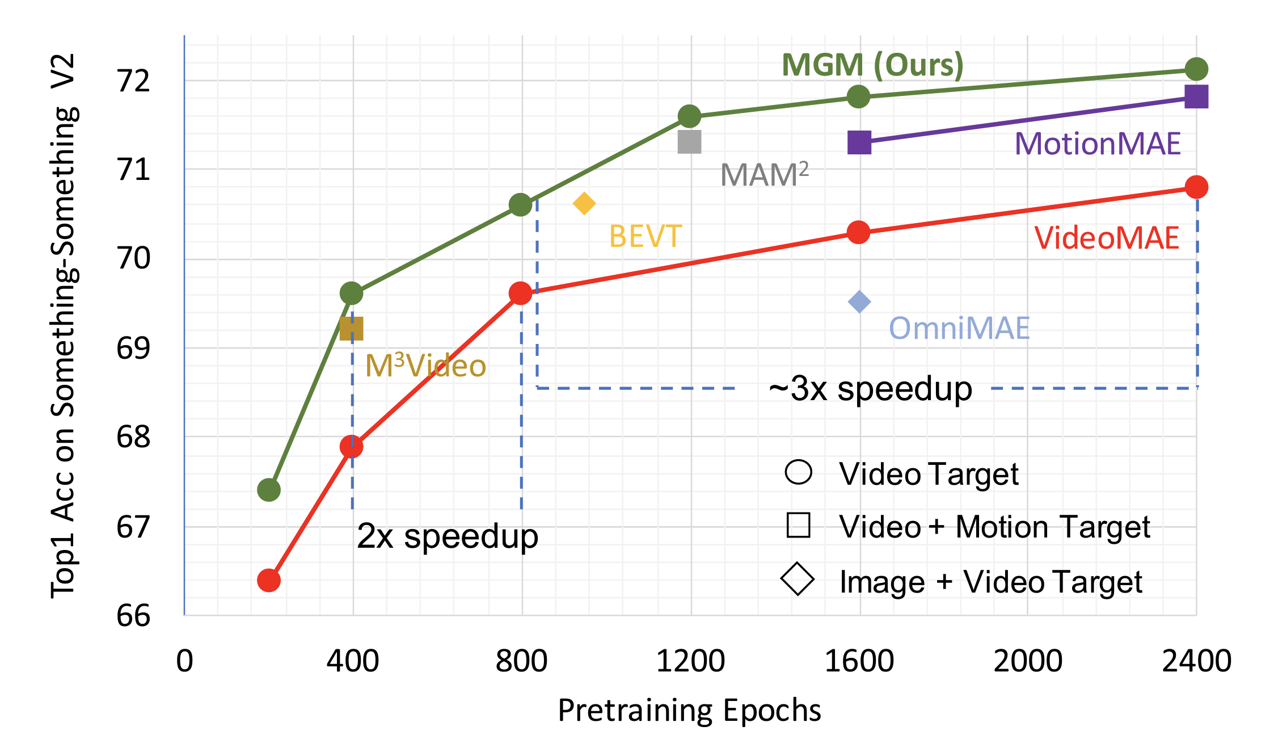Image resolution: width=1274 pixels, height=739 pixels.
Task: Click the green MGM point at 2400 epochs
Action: [x=1196, y=69]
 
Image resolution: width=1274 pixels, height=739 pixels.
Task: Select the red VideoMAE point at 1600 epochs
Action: [x=859, y=232]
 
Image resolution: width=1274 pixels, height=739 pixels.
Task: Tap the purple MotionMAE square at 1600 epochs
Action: [x=859, y=142]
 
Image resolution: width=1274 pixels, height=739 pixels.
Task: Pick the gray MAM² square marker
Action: [x=690, y=142]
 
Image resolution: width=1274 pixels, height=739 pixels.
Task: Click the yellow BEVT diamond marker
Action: [x=584, y=203]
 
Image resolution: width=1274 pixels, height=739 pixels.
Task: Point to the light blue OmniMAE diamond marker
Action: [x=859, y=302]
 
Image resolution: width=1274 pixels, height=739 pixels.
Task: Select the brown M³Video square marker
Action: [x=351, y=329]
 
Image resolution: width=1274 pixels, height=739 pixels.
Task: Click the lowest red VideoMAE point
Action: [x=269, y=580]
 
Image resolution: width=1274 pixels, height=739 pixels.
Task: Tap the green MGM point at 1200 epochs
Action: [x=689, y=116]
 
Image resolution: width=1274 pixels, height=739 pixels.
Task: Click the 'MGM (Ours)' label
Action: [x=872, y=65]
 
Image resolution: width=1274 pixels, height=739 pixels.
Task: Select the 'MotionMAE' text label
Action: [x=1097, y=144]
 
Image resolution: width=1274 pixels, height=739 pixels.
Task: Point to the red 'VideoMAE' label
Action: [x=1106, y=238]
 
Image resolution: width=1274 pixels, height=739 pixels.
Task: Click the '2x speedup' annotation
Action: [x=448, y=536]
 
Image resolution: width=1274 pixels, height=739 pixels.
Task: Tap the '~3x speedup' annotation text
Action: [x=871, y=389]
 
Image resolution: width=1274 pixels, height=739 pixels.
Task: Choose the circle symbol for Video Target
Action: [x=799, y=472]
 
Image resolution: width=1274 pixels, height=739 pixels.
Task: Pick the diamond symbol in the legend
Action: [x=798, y=580]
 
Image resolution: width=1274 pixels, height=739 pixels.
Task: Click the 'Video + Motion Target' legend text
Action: [x=994, y=527]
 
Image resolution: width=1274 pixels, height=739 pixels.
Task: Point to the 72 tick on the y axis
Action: [x=134, y=81]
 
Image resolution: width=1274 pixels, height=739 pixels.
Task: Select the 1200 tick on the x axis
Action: [x=690, y=661]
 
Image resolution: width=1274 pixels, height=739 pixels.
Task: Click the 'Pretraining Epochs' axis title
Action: [x=689, y=710]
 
